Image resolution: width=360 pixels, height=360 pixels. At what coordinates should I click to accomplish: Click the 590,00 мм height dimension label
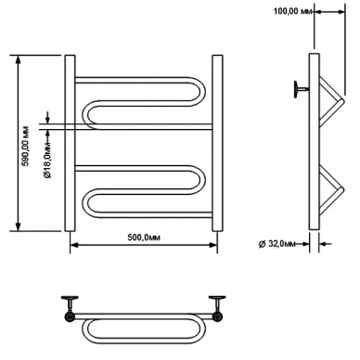click(x=26, y=146)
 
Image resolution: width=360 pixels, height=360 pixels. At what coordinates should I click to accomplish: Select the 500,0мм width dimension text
click(x=145, y=238)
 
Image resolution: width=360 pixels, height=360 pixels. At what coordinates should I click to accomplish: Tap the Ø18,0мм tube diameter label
click(x=47, y=161)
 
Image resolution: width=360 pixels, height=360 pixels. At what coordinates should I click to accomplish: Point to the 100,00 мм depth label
click(x=293, y=12)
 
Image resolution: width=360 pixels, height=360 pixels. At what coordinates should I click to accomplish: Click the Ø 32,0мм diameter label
click(x=276, y=244)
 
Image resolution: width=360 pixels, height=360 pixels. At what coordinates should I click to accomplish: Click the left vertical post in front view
click(x=70, y=143)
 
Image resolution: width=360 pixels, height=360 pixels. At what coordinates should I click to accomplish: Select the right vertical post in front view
click(x=217, y=143)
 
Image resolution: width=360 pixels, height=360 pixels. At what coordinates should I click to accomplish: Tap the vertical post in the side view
click(x=315, y=141)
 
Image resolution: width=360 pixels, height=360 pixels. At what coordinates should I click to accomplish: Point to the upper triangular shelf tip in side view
click(x=341, y=101)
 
